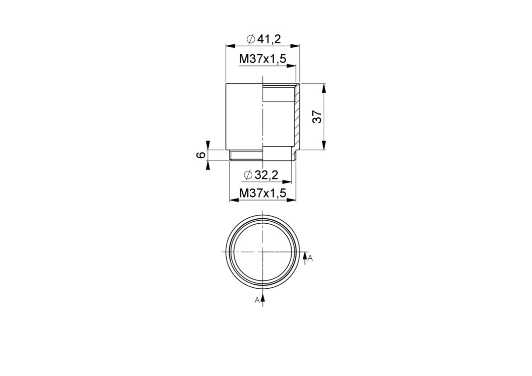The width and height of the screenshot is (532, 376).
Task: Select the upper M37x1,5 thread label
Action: pos(263,59)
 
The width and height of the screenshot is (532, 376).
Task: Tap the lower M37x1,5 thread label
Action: pos(263,193)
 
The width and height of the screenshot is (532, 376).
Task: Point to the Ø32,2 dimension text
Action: pos(261,175)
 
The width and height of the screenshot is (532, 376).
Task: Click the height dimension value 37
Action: pos(317,116)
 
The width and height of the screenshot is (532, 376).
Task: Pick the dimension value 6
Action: pos(201,155)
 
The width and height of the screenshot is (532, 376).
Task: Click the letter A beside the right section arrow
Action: pos(310,259)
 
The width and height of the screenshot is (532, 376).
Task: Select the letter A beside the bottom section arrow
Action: pos(257,300)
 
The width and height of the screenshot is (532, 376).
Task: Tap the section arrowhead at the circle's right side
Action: pos(305,255)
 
